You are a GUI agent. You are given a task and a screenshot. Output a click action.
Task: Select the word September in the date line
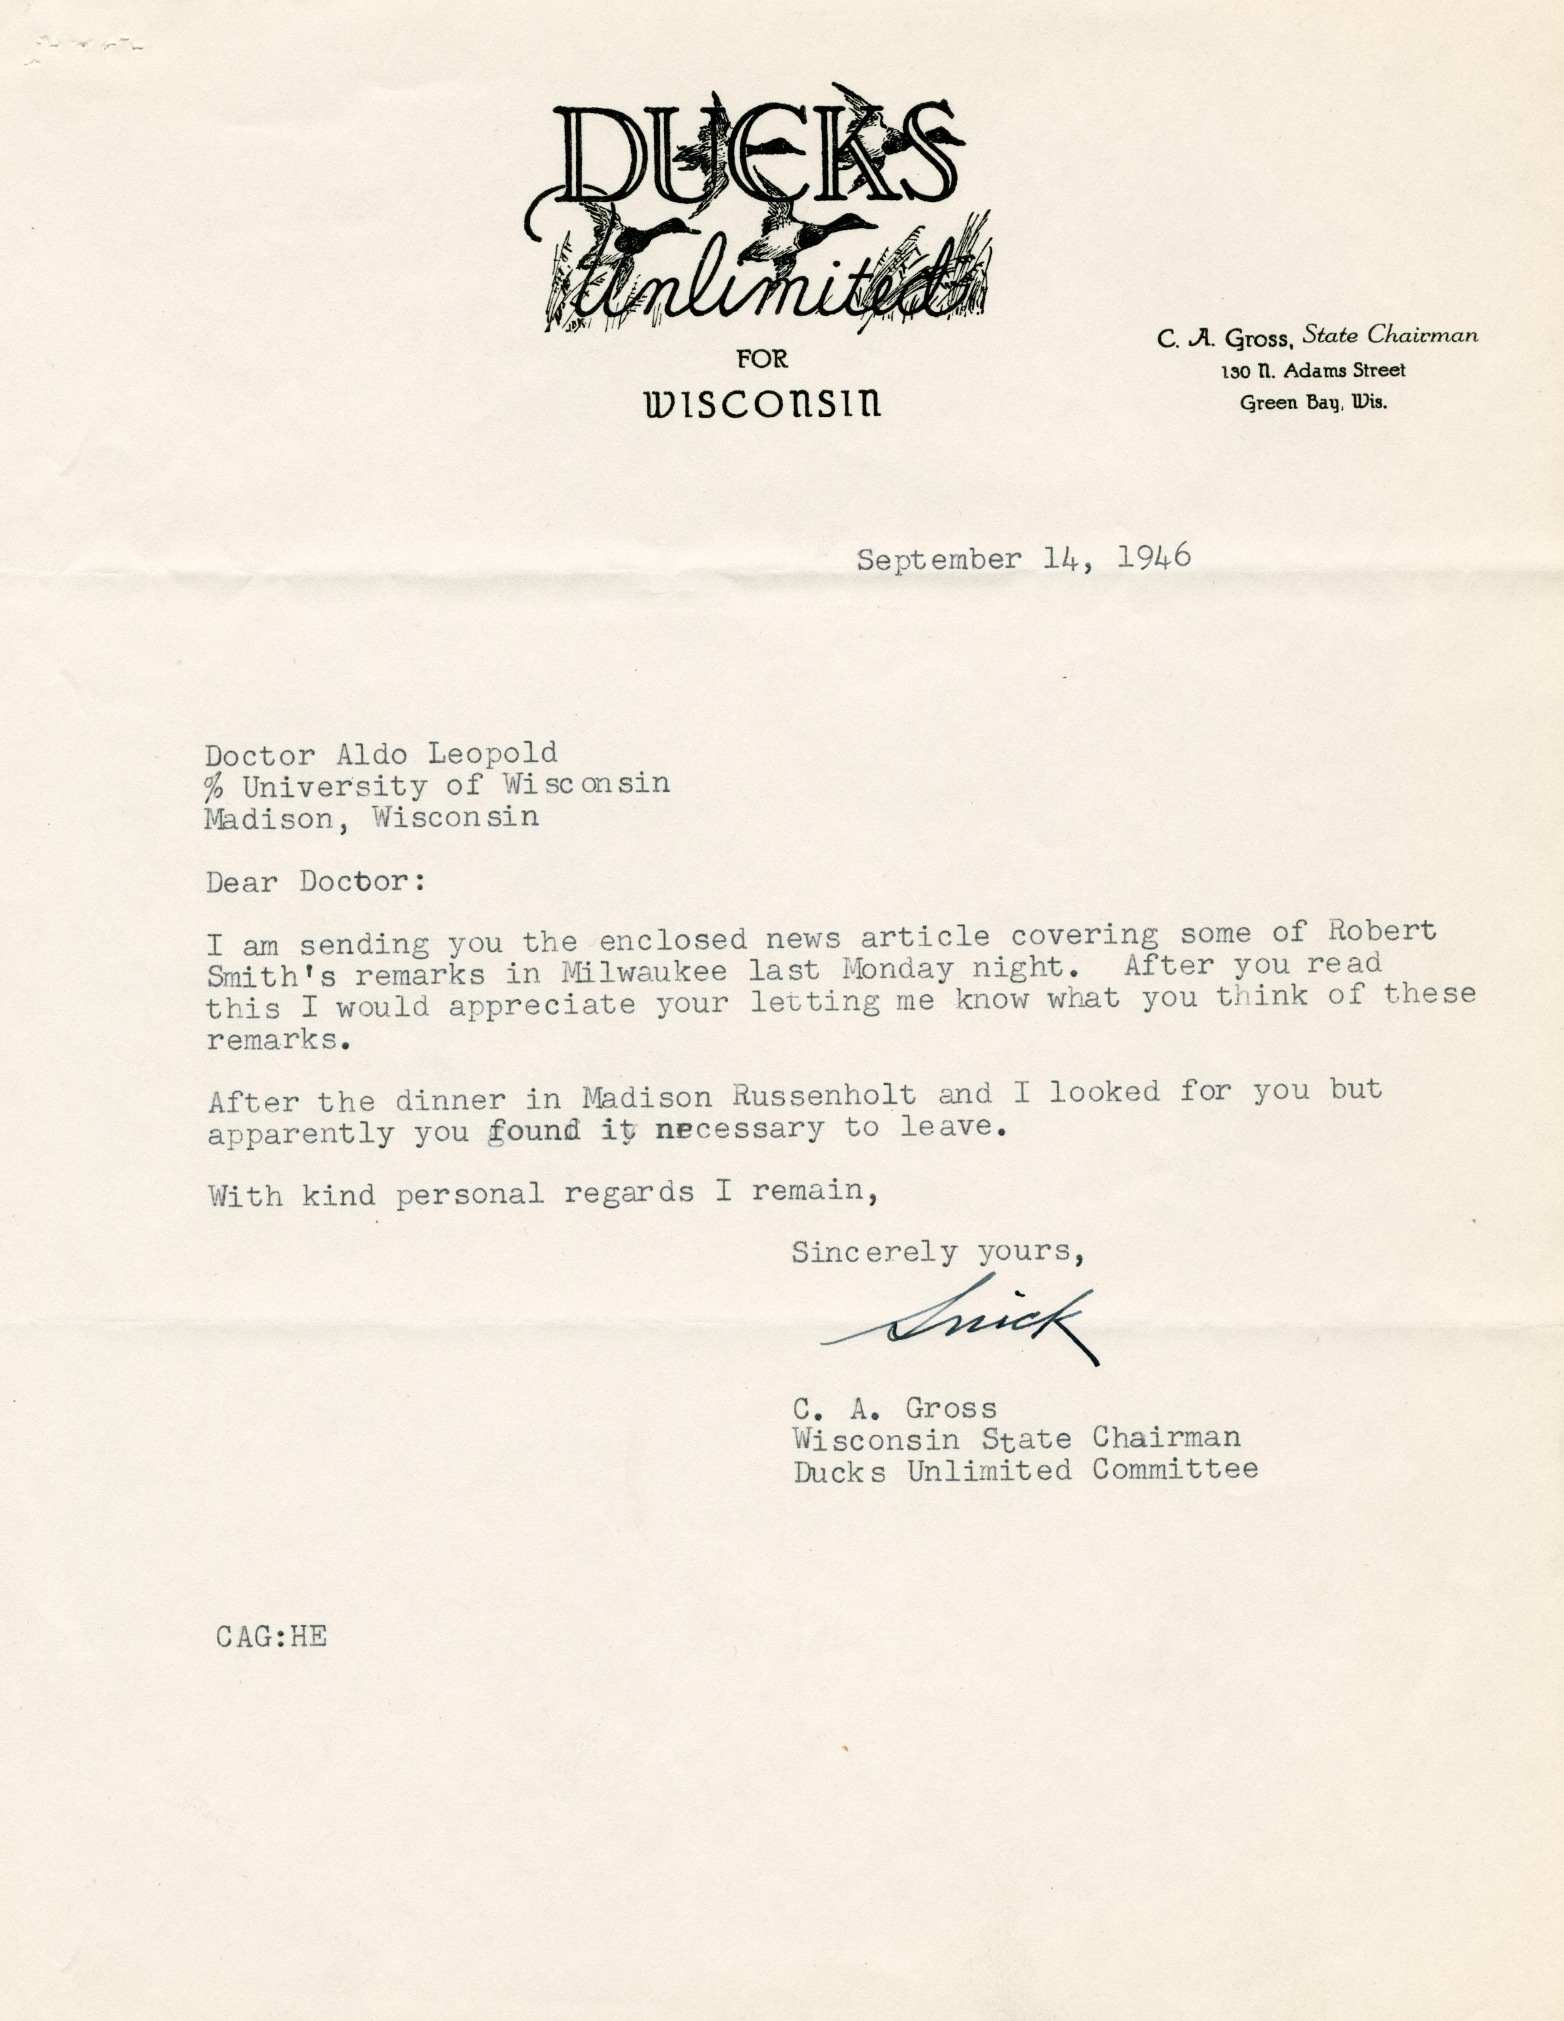click(x=939, y=560)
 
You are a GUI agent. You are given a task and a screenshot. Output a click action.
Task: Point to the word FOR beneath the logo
click(x=762, y=359)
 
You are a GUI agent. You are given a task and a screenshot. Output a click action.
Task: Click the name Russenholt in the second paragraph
click(x=824, y=1095)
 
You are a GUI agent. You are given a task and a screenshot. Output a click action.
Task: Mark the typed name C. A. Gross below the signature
click(x=894, y=1409)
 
